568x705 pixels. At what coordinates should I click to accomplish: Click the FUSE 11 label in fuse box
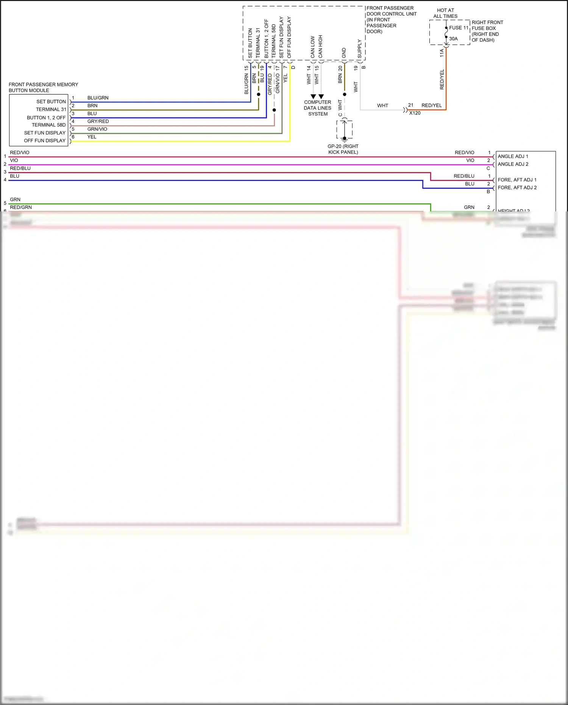[x=459, y=28]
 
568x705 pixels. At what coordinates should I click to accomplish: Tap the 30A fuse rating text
[x=453, y=39]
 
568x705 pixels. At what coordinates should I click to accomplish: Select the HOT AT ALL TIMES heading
[x=445, y=13]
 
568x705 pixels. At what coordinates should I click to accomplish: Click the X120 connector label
[x=415, y=113]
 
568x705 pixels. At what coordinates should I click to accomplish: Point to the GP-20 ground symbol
[x=344, y=139]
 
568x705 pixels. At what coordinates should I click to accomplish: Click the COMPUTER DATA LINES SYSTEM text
[x=318, y=108]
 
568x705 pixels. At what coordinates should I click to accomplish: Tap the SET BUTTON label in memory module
[x=51, y=102]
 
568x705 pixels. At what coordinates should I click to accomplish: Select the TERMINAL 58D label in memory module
[x=48, y=125]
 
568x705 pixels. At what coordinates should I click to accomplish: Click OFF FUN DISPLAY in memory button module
[x=45, y=141]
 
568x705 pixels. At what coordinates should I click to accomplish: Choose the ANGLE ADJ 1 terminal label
[x=513, y=156]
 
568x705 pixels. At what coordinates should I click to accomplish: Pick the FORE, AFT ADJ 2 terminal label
[x=517, y=188]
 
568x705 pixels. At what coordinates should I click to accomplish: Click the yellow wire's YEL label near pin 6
[x=92, y=137]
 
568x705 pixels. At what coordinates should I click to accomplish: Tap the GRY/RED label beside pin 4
[x=98, y=121]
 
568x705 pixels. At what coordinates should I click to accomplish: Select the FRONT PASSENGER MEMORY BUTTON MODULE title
[x=43, y=87]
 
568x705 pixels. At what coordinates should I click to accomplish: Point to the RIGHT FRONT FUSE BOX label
[x=487, y=31]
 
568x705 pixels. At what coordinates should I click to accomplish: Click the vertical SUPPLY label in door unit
[x=359, y=49]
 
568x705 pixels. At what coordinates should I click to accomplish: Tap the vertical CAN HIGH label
[x=320, y=46]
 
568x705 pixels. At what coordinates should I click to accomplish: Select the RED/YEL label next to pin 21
[x=431, y=105]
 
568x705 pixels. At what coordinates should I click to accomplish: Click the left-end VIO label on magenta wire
[x=14, y=160]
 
